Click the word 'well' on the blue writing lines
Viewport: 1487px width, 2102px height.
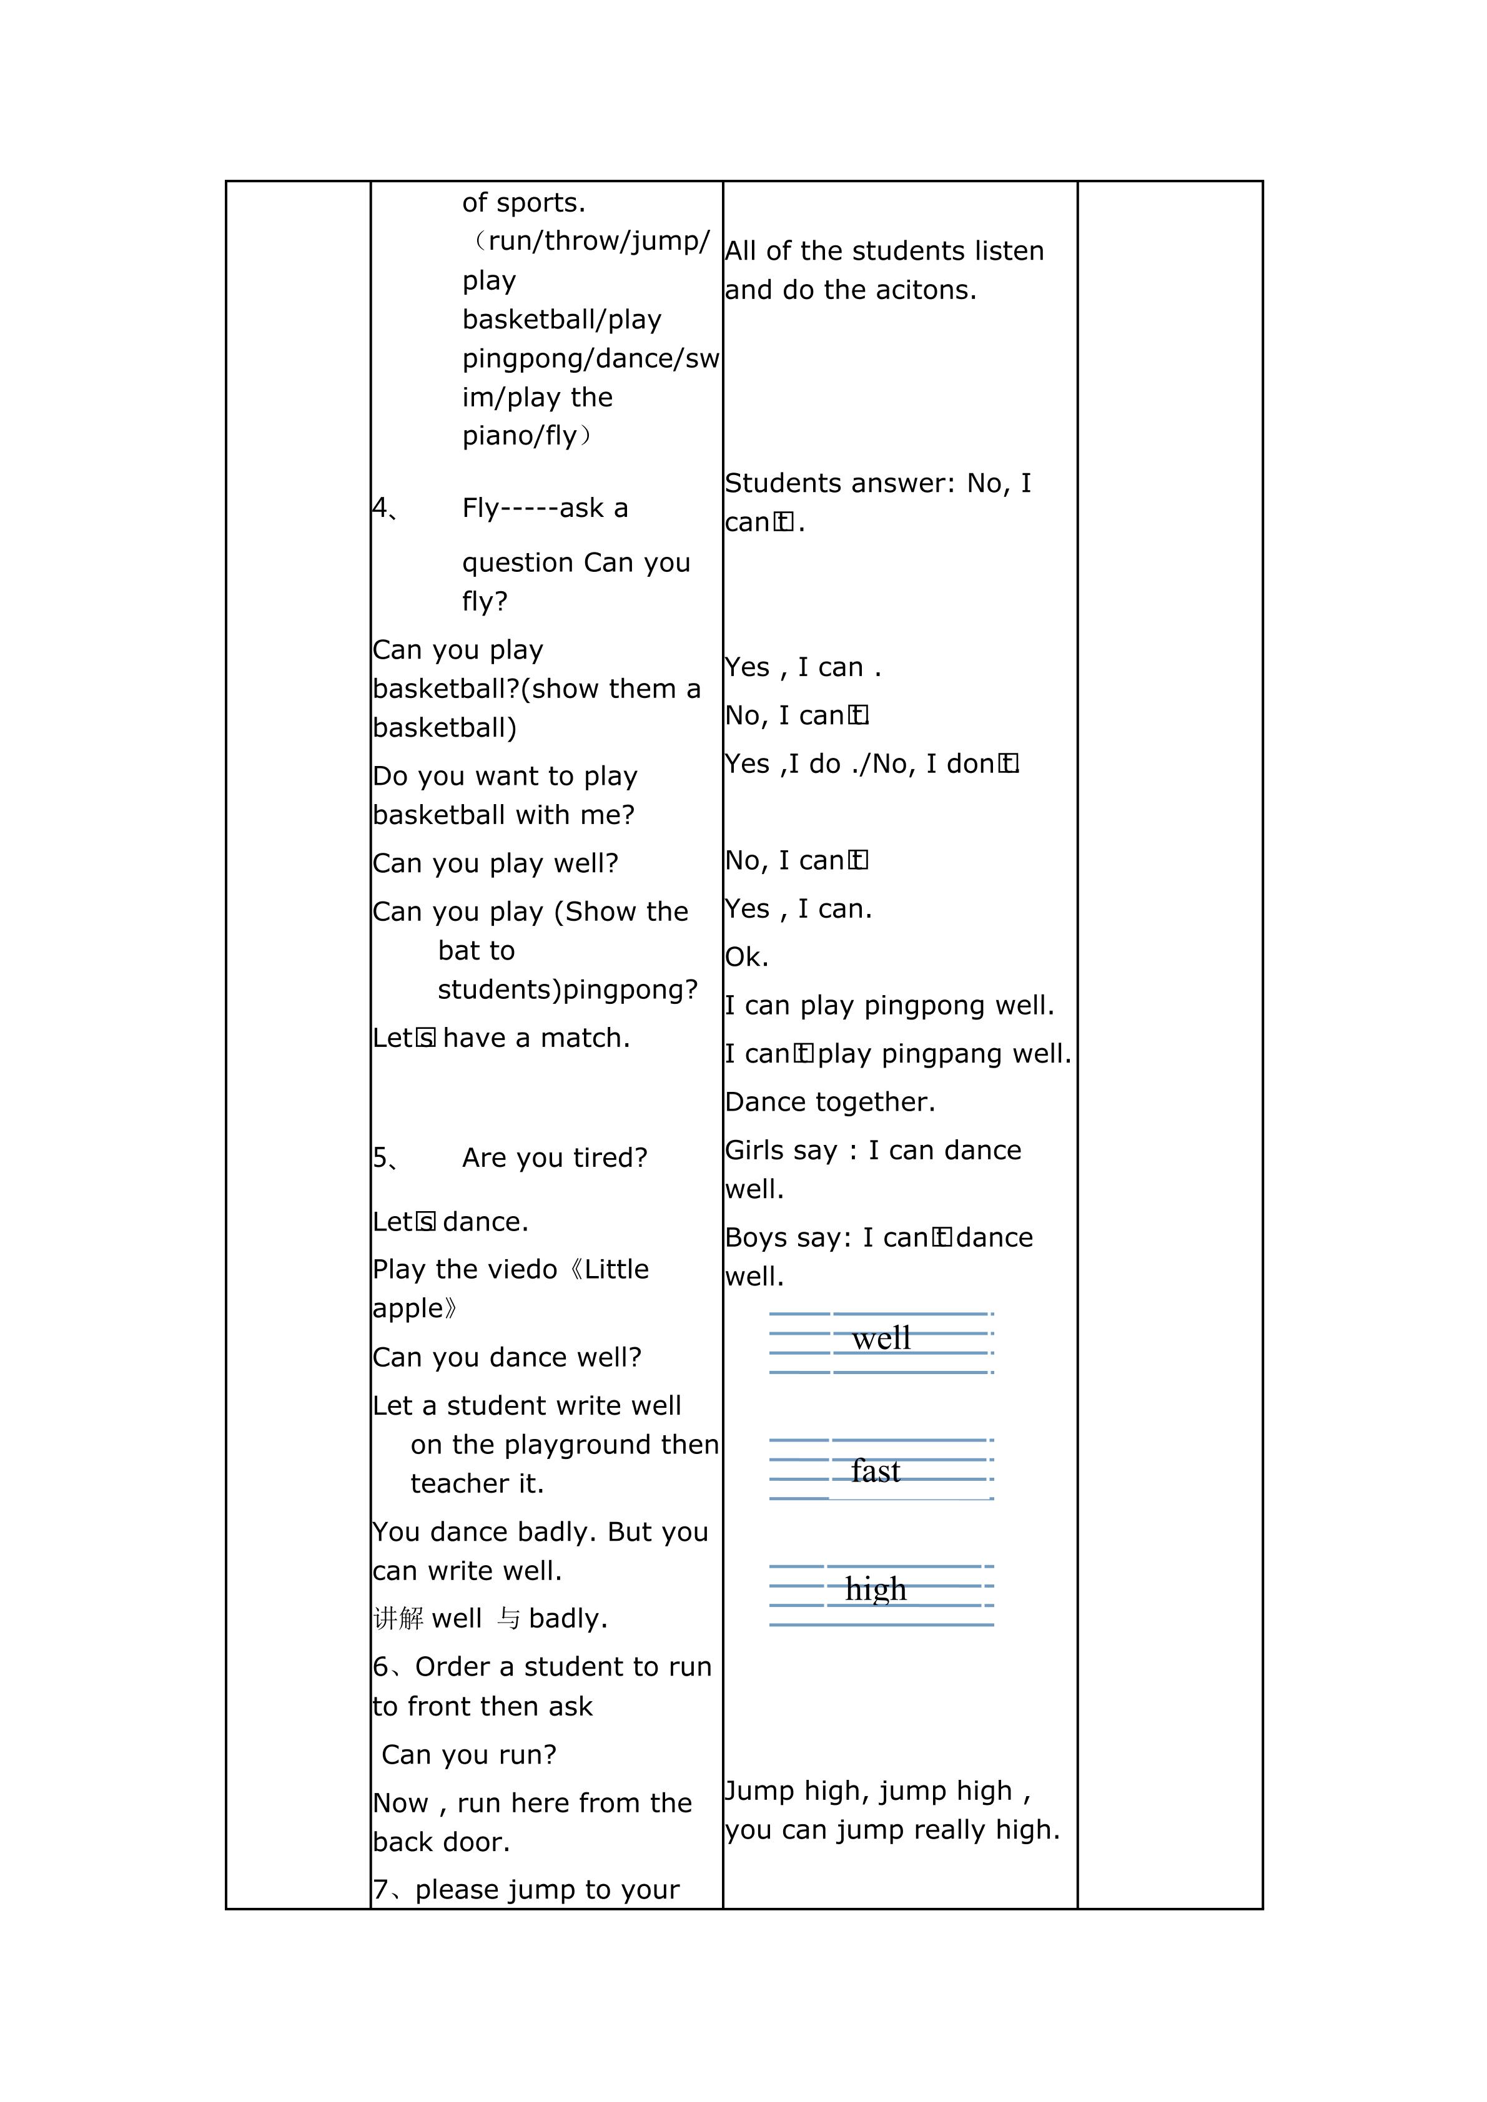coord(881,1338)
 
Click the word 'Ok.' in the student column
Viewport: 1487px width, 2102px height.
coord(746,958)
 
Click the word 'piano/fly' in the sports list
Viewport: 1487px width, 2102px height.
coord(519,436)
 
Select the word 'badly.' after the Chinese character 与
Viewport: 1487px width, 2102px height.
coord(568,1619)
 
